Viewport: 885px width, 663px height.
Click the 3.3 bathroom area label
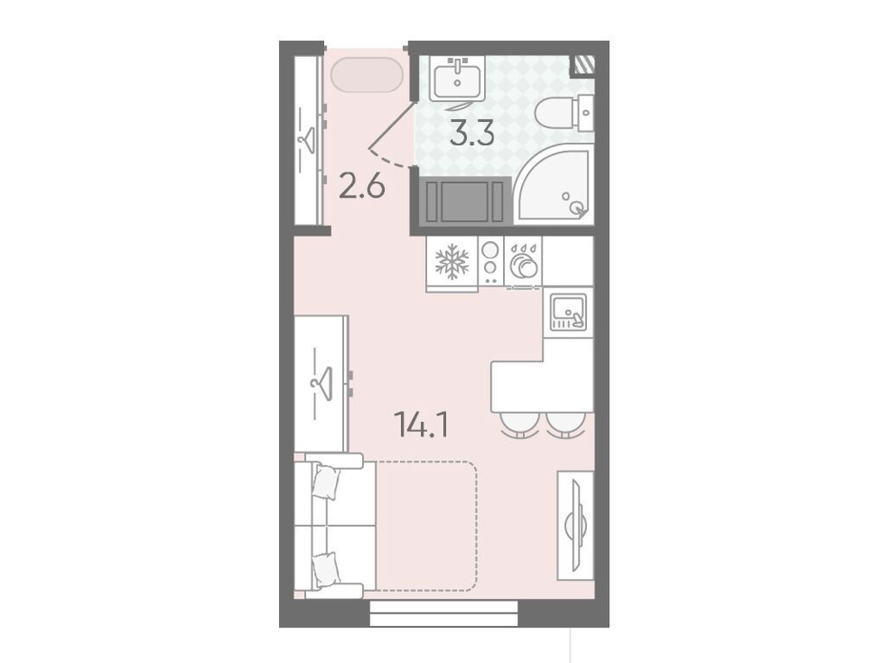(473, 133)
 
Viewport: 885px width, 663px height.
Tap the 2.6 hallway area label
(362, 187)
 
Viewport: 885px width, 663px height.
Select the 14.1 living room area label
(423, 424)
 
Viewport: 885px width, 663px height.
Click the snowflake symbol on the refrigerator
(452, 261)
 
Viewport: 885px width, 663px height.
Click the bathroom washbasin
(457, 79)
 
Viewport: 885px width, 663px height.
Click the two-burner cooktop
(491, 261)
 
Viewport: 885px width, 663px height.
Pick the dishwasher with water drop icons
(523, 261)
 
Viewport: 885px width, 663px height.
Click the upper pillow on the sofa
(327, 481)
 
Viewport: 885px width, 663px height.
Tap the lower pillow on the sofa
(327, 569)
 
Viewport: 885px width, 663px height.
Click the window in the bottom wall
(443, 614)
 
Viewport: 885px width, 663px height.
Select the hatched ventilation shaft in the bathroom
(583, 65)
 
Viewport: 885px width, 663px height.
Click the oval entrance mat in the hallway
(366, 74)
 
